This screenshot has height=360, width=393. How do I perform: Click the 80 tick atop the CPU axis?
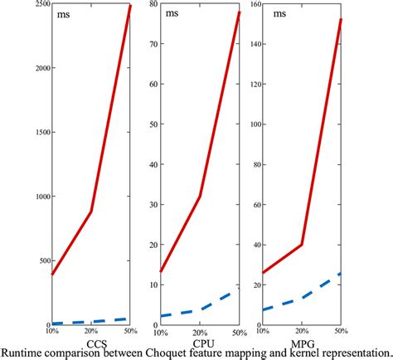(x=153, y=5)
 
